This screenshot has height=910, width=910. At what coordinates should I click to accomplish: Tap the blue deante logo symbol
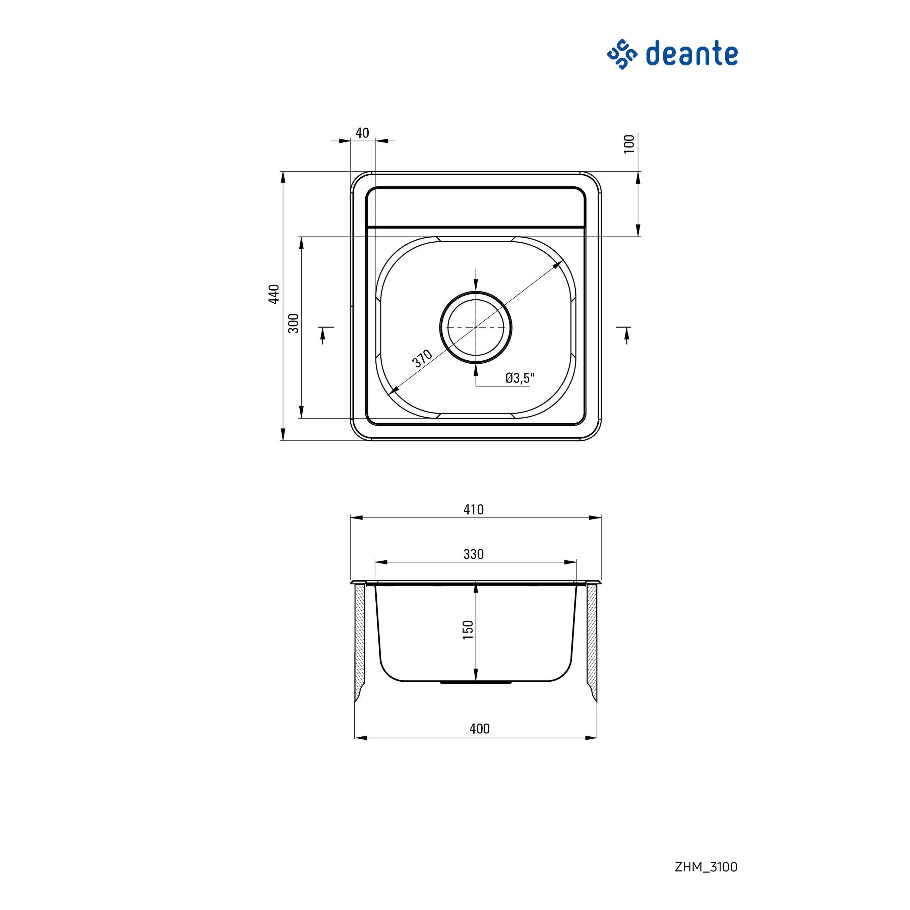coord(622,55)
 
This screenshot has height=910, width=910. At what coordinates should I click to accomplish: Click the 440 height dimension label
coord(274,294)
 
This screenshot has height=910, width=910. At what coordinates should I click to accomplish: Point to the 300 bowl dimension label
coord(293,323)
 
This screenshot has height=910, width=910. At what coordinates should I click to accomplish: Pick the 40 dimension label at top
coord(362,133)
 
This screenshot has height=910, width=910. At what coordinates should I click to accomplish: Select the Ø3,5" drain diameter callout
coord(520,378)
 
